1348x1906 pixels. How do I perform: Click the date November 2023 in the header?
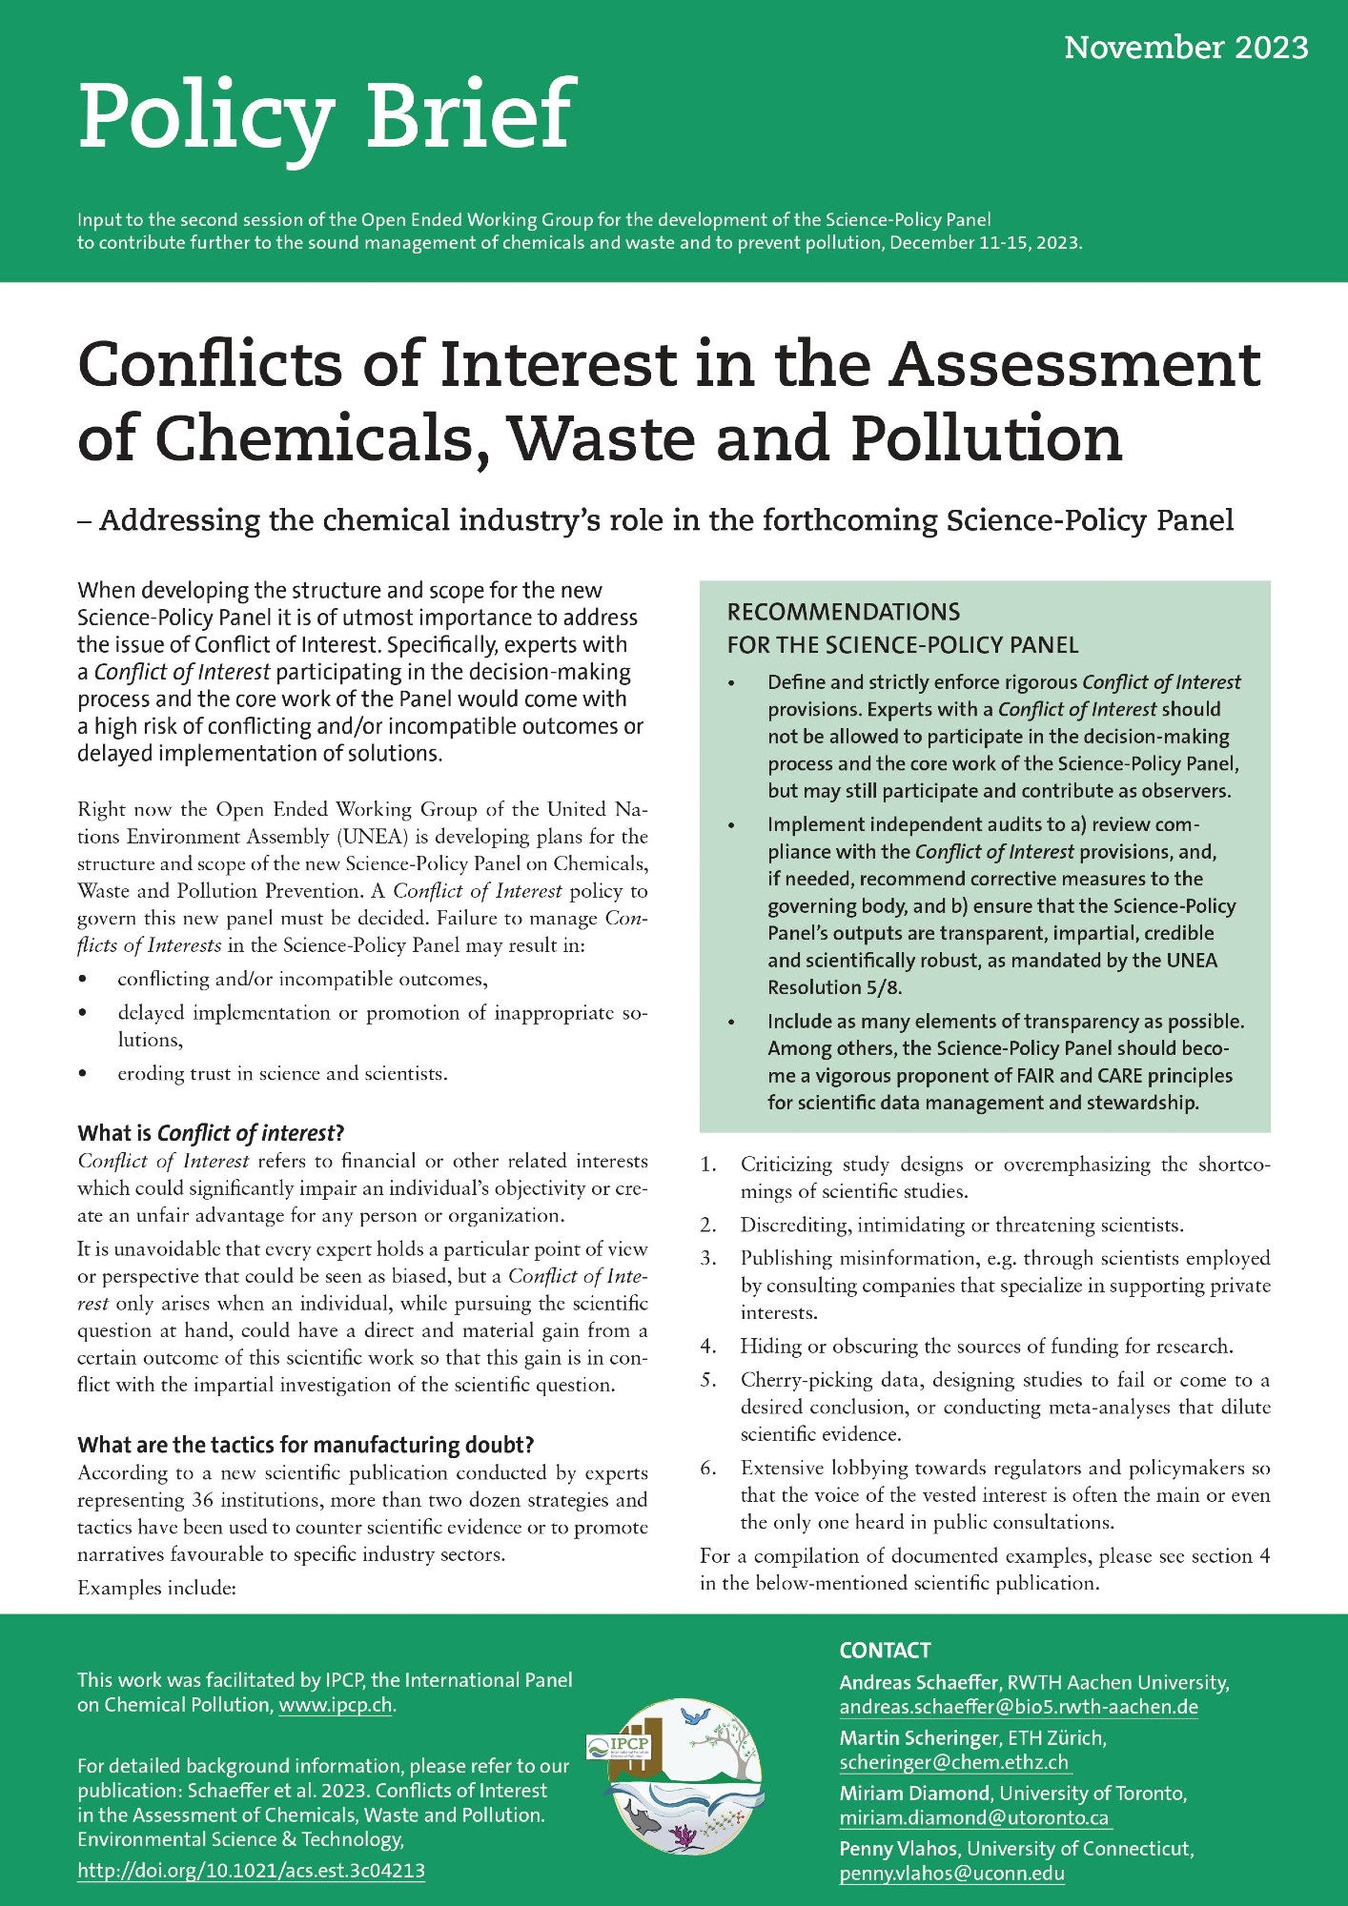coord(1186,48)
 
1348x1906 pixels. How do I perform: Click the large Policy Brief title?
coord(326,116)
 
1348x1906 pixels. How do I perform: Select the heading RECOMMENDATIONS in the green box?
coord(844,612)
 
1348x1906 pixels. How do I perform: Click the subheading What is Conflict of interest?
coord(211,1133)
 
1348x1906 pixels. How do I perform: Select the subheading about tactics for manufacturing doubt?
coord(305,1445)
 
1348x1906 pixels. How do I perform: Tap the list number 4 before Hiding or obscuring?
coord(707,1346)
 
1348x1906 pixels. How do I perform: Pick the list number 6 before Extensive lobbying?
coord(707,1468)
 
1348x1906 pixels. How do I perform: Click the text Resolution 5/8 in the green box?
coord(834,987)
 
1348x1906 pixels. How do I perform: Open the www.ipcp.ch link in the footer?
coord(336,1705)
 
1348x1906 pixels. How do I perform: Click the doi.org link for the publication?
coord(251,1871)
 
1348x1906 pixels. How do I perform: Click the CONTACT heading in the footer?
coord(885,1651)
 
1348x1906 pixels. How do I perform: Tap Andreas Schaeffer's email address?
coord(1018,1707)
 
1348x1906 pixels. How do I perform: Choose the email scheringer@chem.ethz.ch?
coord(953,1762)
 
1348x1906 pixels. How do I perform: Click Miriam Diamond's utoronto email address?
coord(974,1817)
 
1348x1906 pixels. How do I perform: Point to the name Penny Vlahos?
coord(898,1849)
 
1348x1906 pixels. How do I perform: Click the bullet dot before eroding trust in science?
coord(84,1074)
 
